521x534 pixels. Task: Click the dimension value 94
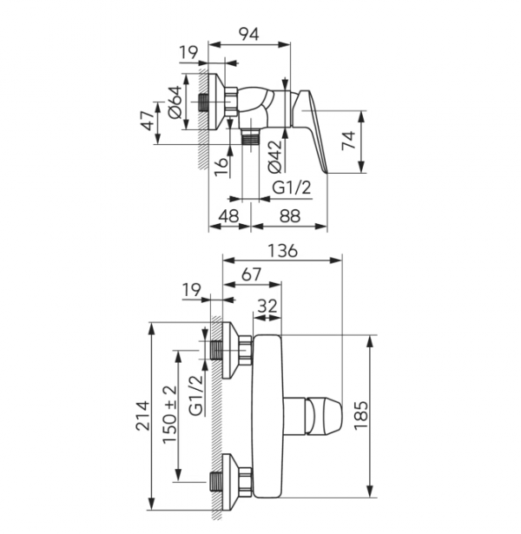248,34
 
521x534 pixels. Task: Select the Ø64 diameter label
175,102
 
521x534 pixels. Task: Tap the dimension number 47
148,121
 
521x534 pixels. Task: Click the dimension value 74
348,140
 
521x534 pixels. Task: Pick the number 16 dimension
221,167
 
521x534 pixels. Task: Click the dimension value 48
228,215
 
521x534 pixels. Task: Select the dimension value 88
290,215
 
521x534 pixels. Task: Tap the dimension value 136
282,251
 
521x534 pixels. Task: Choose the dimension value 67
251,274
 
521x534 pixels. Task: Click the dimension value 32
267,306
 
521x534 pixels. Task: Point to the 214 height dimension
142,416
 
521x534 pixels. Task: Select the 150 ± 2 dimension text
169,414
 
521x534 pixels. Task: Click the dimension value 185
361,416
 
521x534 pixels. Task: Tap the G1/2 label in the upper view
292,187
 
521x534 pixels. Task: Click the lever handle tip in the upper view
326,170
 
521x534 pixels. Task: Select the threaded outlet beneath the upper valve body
251,137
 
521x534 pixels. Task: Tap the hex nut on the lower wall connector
245,481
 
